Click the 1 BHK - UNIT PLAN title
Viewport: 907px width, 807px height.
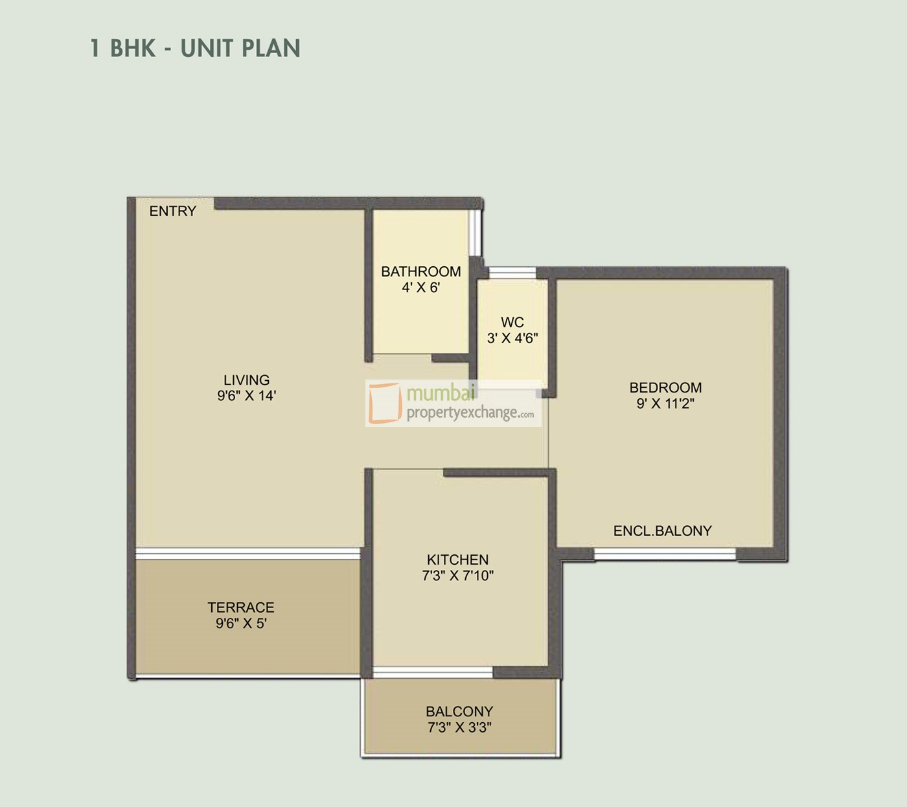pos(195,49)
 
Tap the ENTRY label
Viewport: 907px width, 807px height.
pos(172,211)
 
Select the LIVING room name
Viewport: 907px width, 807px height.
pos(246,380)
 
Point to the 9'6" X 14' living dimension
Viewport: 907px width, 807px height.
pos(246,396)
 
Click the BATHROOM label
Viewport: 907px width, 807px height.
pos(420,272)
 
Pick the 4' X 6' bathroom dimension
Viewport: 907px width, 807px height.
pos(420,288)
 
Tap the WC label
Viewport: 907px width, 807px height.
pos(512,323)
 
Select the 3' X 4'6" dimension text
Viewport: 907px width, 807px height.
pos(512,338)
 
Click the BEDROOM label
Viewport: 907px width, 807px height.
pos(665,388)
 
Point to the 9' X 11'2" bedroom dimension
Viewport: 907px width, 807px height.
pos(665,403)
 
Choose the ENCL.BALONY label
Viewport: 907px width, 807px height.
pos(662,531)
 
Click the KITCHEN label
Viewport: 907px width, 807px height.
pos(457,560)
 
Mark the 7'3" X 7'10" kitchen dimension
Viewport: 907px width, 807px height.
pos(457,575)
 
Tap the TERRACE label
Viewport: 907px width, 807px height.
pos(241,608)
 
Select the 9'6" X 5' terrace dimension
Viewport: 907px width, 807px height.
pos(241,624)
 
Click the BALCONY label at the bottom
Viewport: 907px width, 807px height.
pos(459,711)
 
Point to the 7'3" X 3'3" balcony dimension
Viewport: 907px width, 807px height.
pos(459,727)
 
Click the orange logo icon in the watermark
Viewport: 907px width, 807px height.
pos(385,403)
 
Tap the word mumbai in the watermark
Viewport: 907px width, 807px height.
pos(441,393)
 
